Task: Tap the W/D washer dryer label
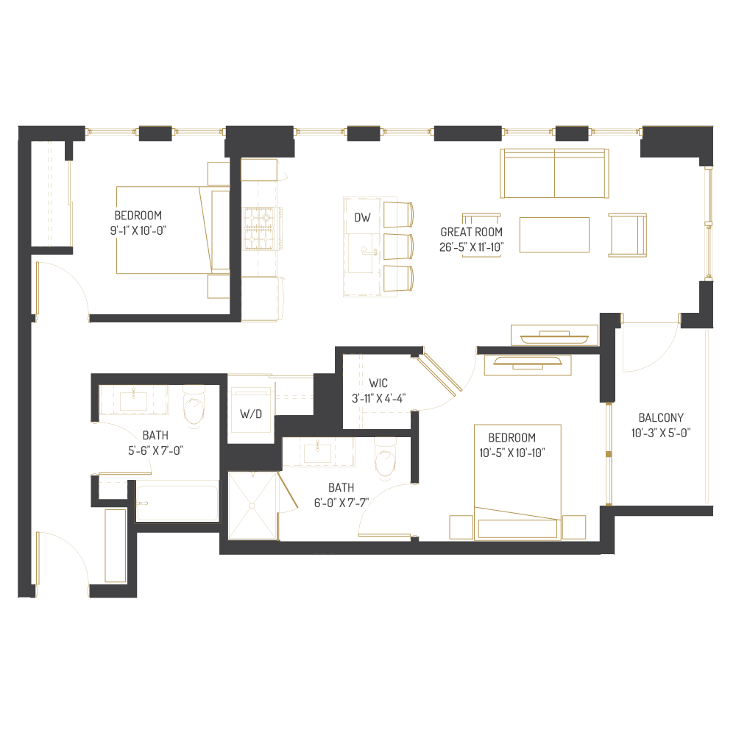pos(251,414)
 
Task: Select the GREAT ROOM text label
pos(471,232)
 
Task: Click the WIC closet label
pos(378,383)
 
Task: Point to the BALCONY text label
pos(661,417)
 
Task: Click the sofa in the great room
pos(554,174)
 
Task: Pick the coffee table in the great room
pos(554,235)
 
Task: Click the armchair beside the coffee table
pos(628,235)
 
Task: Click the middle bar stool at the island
pos(398,246)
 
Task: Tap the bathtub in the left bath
pos(177,503)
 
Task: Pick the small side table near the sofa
pos(481,222)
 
